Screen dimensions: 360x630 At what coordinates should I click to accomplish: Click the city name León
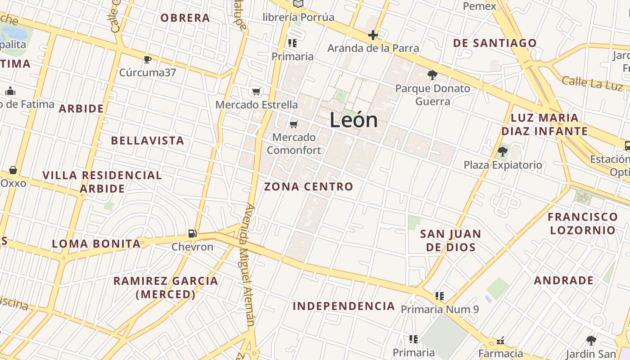point(354,120)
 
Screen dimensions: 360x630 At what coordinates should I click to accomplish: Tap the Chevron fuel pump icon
point(192,233)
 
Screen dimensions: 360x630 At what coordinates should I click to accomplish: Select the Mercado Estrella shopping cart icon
point(256,92)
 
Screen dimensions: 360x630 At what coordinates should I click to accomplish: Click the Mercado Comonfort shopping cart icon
point(294,124)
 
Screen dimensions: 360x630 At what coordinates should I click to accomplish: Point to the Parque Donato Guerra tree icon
point(432,75)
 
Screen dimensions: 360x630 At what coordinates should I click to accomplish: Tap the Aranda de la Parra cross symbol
point(373,35)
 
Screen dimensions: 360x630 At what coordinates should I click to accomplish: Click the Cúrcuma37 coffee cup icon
point(147,59)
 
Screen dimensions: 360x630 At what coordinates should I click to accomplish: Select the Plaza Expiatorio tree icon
point(503,152)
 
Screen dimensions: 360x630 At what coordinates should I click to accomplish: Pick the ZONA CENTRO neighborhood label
point(309,186)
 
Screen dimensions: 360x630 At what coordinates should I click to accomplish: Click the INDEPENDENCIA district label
point(344,306)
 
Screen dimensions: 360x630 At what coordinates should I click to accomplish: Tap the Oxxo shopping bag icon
point(13,170)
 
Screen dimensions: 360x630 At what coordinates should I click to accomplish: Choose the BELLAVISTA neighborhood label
point(148,140)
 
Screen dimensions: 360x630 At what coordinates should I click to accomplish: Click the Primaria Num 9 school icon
point(440,296)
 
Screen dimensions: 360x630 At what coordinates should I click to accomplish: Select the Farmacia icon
point(500,341)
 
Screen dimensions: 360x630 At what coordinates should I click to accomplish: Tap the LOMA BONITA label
point(96,244)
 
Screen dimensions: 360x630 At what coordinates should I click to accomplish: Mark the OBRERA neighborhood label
point(185,18)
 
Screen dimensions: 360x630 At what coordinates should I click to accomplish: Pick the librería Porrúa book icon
point(298,4)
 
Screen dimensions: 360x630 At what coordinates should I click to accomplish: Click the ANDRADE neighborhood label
point(564,281)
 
